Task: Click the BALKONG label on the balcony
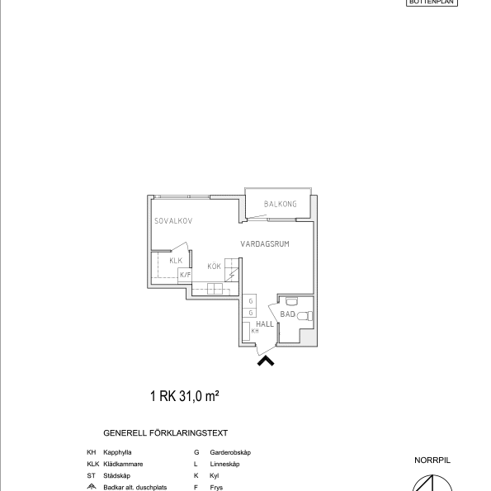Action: [280, 204]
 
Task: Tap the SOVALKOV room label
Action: [173, 221]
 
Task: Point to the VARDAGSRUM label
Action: [264, 244]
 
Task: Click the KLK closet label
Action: [175, 261]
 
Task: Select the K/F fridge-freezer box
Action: [185, 275]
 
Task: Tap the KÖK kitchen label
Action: [214, 266]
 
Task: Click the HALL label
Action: [264, 324]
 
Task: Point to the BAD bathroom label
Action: [287, 314]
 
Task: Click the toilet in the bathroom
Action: [303, 315]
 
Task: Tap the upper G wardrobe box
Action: [250, 301]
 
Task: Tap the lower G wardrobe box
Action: [250, 314]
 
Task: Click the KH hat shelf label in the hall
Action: [254, 331]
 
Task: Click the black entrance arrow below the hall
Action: [267, 360]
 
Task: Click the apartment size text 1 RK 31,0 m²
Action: [184, 396]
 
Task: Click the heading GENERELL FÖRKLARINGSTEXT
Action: [165, 432]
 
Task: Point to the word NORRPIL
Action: [432, 460]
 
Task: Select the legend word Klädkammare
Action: [123, 464]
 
